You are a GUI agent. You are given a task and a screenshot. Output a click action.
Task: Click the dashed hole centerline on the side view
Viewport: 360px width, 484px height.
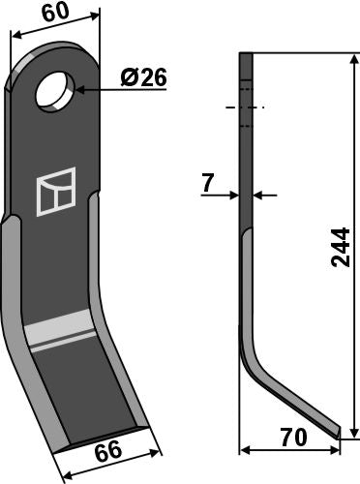(246, 106)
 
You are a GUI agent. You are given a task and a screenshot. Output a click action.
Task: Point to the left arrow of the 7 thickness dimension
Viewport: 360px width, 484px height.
(235, 195)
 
